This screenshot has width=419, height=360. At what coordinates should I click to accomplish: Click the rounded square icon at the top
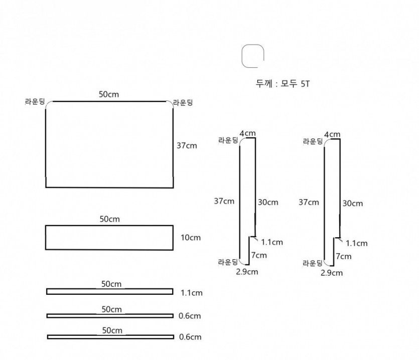242,56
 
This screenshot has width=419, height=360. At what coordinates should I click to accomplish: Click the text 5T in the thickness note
305,84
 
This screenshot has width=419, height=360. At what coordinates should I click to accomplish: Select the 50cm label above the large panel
109,94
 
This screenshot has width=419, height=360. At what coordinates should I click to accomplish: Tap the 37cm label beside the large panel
187,145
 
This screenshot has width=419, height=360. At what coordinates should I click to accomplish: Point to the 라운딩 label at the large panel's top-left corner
35,102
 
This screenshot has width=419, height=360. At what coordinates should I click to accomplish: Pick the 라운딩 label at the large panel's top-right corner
183,103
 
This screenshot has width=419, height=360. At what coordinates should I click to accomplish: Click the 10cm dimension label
191,238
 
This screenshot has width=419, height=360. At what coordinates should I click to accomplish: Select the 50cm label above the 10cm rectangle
109,219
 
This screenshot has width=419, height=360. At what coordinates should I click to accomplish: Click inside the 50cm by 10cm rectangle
109,238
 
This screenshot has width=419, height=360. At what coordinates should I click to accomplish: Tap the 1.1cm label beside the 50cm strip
192,293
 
